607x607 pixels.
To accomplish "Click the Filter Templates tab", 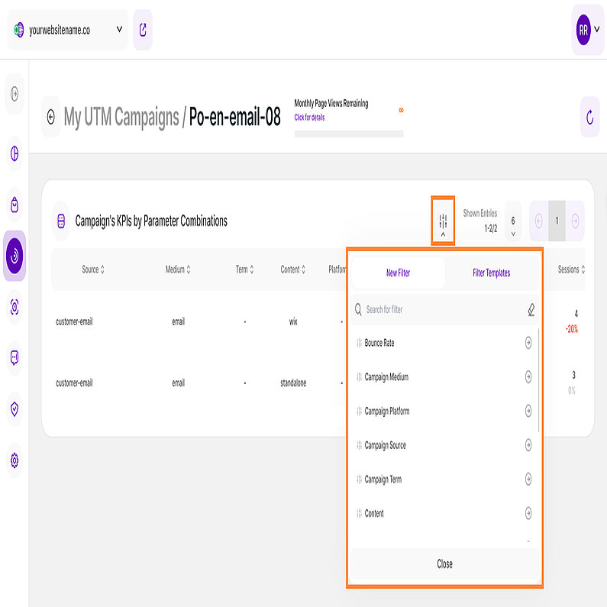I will point(491,273).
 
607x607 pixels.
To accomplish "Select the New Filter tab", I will point(398,273).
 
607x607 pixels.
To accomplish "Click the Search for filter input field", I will point(435,310).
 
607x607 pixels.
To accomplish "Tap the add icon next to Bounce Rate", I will point(528,344).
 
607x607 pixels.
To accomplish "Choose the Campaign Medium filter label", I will point(386,377).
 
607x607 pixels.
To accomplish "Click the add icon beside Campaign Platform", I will point(528,412).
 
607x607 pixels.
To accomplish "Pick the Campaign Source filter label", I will point(385,445).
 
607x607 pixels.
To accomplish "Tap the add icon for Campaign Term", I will point(528,479).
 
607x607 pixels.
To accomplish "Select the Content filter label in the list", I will point(374,514).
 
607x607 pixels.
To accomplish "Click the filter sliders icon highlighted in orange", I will point(443,221).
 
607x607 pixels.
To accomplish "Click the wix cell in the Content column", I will point(293,321).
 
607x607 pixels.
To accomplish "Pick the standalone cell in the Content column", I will point(293,383).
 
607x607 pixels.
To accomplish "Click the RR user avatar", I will point(583,31).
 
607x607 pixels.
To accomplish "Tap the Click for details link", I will point(309,118).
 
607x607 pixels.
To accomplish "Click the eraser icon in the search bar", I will point(531,310).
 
